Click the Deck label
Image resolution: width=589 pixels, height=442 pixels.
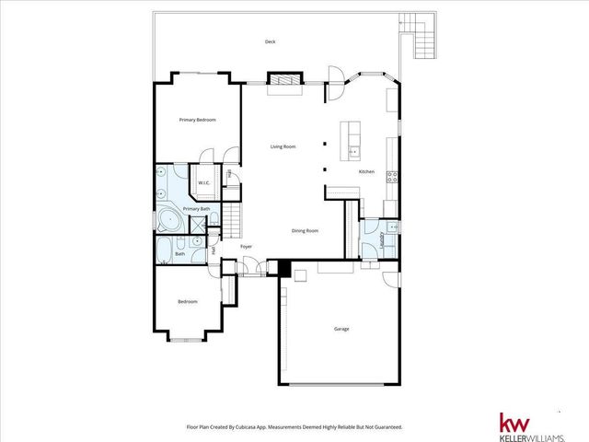(270, 41)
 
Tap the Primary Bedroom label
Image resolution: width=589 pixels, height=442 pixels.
(197, 120)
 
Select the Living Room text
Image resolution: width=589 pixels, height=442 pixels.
(282, 146)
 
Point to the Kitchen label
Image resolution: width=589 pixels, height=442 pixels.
(365, 172)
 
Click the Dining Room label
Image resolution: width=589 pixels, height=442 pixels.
(305, 230)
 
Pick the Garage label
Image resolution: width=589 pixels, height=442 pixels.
(341, 329)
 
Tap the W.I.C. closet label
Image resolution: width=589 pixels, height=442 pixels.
(204, 181)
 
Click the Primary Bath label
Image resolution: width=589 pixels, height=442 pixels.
(196, 210)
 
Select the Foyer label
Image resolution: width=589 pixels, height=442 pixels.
(247, 247)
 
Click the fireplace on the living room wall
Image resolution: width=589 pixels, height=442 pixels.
(283, 83)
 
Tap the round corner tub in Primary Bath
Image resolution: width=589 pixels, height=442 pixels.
(168, 220)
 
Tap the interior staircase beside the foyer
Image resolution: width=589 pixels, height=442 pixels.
(236, 221)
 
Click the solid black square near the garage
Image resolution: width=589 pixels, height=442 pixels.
(284, 269)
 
